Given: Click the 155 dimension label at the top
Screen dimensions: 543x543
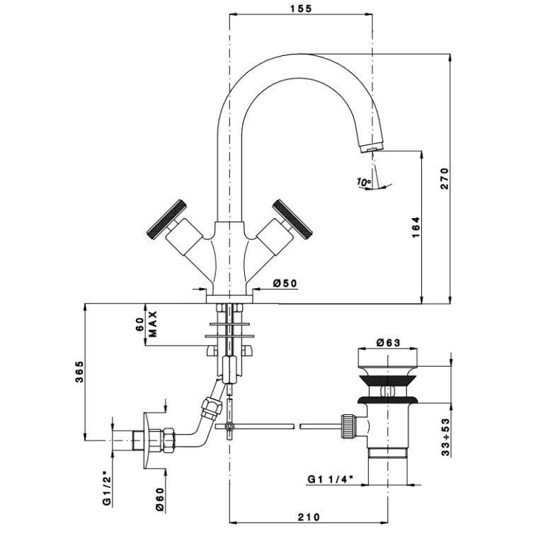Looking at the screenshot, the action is [301, 8].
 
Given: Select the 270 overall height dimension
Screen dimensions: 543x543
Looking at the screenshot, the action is [445, 178].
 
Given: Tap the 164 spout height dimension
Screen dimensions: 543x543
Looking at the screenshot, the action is [416, 227].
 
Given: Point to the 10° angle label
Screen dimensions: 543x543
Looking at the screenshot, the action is [364, 181].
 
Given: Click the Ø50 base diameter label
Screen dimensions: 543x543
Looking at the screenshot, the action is [285, 283].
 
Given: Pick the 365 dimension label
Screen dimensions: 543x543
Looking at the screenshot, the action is [80, 372].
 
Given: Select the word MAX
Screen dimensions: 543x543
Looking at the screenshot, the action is [153, 324].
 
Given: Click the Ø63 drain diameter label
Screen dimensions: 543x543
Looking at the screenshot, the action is [388, 343].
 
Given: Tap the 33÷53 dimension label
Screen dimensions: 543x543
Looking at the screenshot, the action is [446, 437].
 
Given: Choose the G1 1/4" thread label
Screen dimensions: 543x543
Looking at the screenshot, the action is [331, 479].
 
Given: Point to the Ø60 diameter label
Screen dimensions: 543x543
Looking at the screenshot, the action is [160, 500].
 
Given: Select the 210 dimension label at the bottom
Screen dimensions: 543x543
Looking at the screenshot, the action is [309, 517].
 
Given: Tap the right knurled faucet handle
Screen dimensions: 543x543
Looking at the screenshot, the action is [292, 220].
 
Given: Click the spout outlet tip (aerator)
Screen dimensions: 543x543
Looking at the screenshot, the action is [372, 147].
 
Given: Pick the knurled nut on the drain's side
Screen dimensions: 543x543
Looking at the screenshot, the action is [348, 426].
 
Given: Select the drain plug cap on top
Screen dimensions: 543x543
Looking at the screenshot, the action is [388, 359].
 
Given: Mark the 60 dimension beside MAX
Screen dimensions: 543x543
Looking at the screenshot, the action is [139, 324].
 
